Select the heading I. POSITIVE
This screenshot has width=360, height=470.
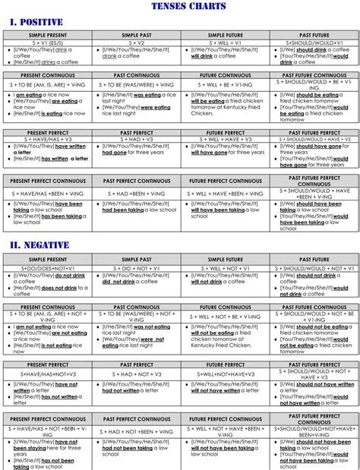(36, 22)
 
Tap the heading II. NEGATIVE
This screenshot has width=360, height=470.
(39, 246)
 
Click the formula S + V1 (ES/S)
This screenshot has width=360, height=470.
(48, 43)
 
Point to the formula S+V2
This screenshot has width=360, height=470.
(137, 43)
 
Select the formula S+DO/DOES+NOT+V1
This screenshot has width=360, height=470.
(48, 268)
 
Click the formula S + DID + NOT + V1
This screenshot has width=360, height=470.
(137, 268)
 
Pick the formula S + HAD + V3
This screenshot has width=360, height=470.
(137, 140)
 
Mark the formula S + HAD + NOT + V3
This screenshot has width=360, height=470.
(137, 374)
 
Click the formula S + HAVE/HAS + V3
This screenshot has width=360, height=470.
(48, 140)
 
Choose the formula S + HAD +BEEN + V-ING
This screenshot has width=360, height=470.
(137, 194)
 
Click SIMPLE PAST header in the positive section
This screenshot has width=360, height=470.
(137, 35)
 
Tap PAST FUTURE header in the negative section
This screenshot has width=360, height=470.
(314, 260)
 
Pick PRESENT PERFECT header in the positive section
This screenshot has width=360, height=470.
(48, 133)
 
